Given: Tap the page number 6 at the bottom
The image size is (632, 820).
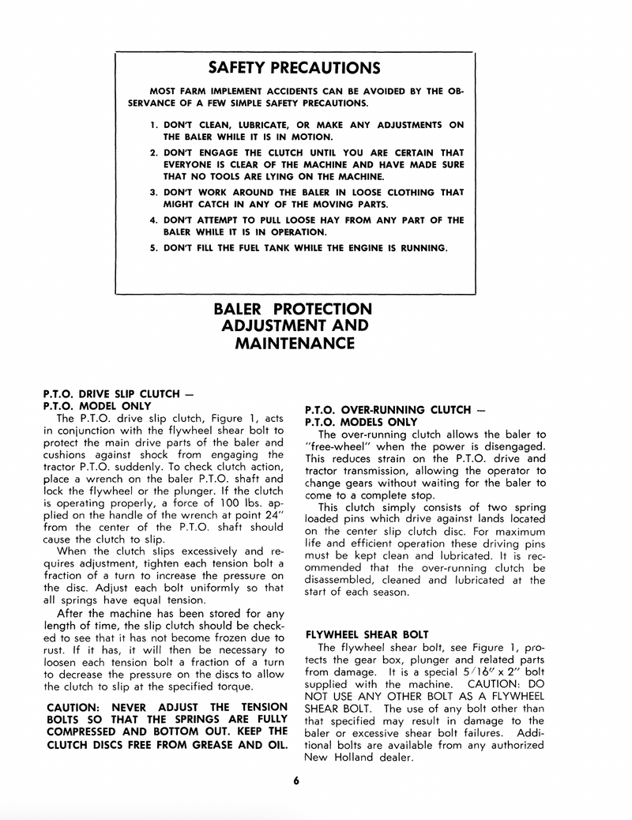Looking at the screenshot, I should pyautogui.click(x=295, y=781).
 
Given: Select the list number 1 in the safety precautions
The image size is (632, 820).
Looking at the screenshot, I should pyautogui.click(x=153, y=125).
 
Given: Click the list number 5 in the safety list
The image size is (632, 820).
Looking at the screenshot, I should pyautogui.click(x=153, y=248).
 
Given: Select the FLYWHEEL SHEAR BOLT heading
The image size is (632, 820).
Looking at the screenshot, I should pyautogui.click(x=367, y=634).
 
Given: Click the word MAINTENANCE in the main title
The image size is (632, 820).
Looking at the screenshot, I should pyautogui.click(x=292, y=344).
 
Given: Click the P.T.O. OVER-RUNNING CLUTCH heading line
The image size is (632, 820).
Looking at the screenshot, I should pyautogui.click(x=395, y=410).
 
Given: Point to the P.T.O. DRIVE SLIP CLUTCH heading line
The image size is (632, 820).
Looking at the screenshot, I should pyautogui.click(x=118, y=393).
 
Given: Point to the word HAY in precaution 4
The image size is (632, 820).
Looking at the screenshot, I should pyautogui.click(x=304, y=220).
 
